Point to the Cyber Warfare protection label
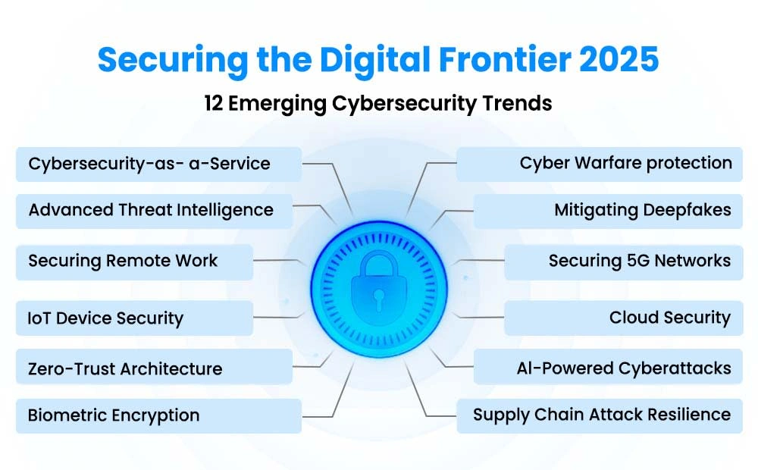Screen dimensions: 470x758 (599, 164)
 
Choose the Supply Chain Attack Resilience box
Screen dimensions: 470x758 (599, 415)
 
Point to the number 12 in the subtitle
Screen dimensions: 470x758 (213, 103)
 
